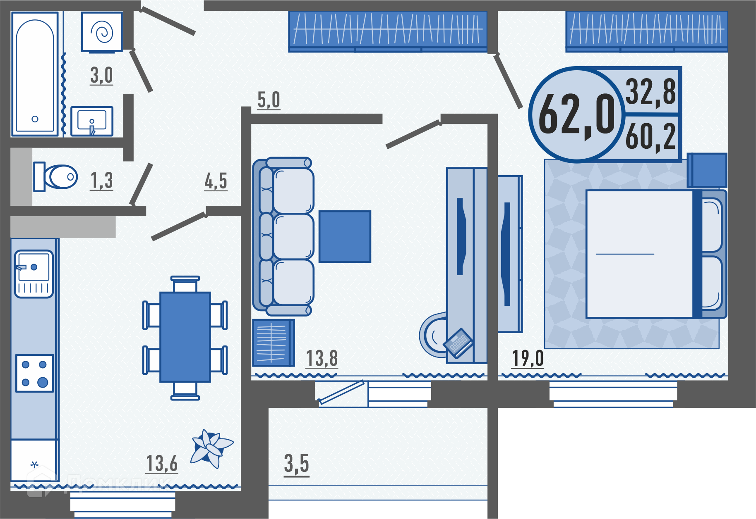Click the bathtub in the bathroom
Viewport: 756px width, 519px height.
tap(35, 74)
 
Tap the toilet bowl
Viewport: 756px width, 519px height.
tap(56, 177)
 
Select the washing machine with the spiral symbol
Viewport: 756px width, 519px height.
tap(102, 32)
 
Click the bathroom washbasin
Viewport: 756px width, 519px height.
tap(92, 121)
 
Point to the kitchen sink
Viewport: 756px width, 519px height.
tap(34, 274)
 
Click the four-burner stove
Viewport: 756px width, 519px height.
tap(35, 373)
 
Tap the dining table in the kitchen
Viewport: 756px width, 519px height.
tap(185, 337)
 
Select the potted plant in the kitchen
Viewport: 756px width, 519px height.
tap(211, 448)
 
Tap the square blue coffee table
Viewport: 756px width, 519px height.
tap(345, 236)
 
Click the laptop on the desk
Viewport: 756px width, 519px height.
tap(458, 343)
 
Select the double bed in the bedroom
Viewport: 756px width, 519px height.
tap(656, 254)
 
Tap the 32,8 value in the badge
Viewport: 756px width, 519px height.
tap(650, 92)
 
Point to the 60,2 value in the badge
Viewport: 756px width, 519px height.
tap(650, 137)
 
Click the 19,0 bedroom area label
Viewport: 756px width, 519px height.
tap(528, 358)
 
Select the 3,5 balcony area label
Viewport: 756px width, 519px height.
tap(296, 464)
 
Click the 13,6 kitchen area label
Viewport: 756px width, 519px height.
tap(162, 464)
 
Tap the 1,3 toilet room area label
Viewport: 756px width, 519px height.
tap(101, 181)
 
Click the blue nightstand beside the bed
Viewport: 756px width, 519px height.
tap(707, 170)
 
